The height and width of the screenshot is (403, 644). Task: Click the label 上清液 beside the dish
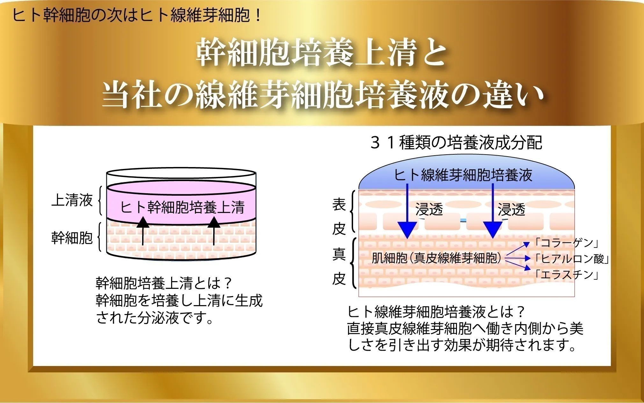click(72, 200)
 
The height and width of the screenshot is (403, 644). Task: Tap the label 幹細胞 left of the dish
click(72, 238)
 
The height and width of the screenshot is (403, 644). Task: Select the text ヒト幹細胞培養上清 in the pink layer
click(182, 207)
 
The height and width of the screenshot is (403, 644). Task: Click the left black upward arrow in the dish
click(143, 231)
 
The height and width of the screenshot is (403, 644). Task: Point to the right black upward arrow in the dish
click(213, 231)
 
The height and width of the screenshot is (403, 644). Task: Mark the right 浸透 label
click(511, 209)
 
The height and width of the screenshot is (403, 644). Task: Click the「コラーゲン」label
click(567, 243)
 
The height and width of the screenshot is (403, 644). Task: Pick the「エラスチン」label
click(567, 274)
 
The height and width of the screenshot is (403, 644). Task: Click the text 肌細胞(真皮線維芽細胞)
click(436, 258)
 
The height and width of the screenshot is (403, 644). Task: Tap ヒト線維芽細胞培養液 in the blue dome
click(463, 175)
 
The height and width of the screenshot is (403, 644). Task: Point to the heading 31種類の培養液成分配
click(456, 143)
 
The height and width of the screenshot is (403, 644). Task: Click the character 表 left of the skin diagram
click(339, 204)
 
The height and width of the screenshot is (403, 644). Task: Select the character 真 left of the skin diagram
click(339, 254)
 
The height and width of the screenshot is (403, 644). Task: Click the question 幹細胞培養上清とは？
click(164, 283)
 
